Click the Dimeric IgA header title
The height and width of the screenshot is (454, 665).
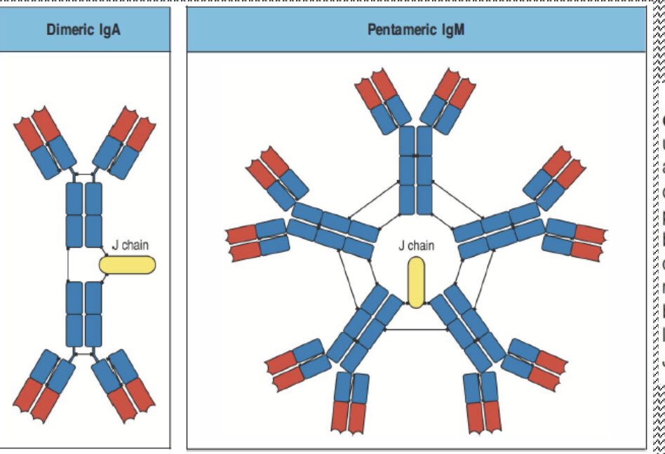pos(83,31)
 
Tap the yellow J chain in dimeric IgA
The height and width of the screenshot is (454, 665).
pos(127,265)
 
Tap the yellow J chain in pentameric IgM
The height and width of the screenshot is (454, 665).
pos(415,282)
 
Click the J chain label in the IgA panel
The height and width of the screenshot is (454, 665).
pos(130,246)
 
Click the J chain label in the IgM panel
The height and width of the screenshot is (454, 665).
pos(416,246)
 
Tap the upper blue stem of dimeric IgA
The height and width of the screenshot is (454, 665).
pos(84,214)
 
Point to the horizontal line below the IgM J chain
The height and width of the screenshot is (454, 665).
pos(415,329)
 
